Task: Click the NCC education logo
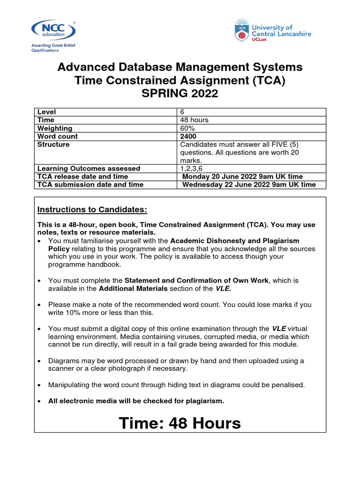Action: [52, 30]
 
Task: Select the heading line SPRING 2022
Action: [180, 94]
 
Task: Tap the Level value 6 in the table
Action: [183, 112]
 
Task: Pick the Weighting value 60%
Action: [187, 128]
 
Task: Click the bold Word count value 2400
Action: [188, 136]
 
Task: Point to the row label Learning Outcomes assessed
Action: [89, 168]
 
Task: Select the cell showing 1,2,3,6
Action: [192, 168]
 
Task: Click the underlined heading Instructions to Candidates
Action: [92, 209]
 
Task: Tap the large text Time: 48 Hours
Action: [180, 423]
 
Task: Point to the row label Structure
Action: [53, 144]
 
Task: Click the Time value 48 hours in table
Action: [195, 120]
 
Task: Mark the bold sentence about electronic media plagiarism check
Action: [136, 401]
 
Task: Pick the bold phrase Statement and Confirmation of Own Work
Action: [196, 280]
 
